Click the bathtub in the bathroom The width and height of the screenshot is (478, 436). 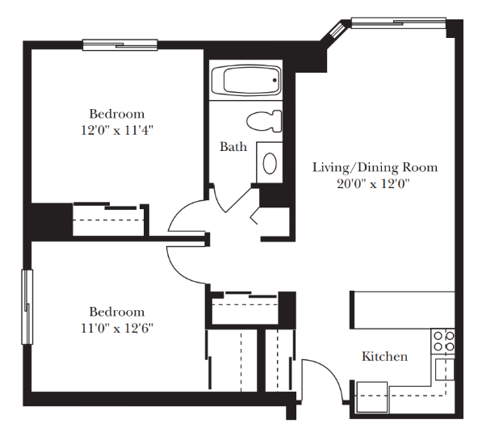[246, 81]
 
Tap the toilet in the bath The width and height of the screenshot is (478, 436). [264, 121]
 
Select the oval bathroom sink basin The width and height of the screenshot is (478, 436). [270, 163]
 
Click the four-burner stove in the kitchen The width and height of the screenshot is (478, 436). [443, 342]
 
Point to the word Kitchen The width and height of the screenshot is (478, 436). [384, 356]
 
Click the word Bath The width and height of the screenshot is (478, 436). [233, 147]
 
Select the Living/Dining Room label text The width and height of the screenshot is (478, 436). [375, 167]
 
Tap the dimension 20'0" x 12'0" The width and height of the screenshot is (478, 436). [373, 184]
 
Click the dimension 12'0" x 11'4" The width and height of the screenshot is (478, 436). [117, 131]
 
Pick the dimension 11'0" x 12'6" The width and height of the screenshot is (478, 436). [117, 329]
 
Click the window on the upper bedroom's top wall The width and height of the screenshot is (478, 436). [120, 45]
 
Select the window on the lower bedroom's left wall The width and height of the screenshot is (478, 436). [27, 307]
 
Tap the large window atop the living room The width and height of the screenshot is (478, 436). [399, 23]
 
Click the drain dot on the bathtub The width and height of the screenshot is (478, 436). [275, 80]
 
